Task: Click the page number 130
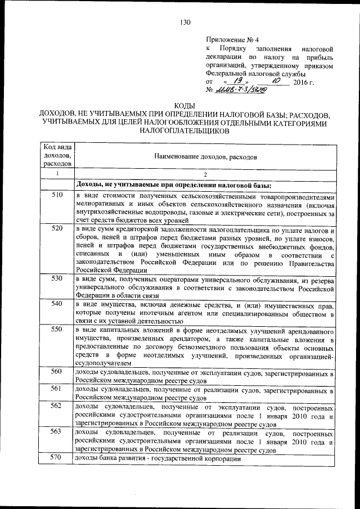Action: tap(186, 22)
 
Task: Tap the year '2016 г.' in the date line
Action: tap(303, 82)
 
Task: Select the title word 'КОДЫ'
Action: tap(185, 106)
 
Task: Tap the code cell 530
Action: tap(56, 278)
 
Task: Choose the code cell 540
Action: tap(56, 304)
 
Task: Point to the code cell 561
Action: tap(56, 388)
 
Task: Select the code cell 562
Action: tap(56, 405)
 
